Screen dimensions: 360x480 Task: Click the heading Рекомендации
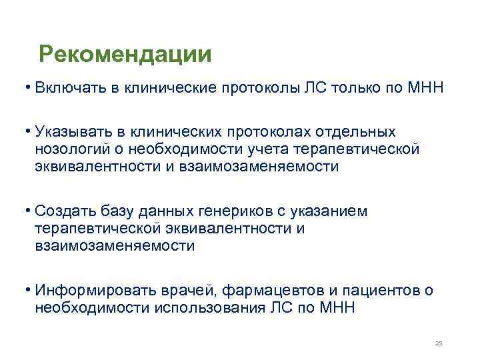(x=125, y=53)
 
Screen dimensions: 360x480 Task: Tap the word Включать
(x=66, y=89)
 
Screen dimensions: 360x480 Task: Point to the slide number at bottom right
(x=438, y=343)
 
